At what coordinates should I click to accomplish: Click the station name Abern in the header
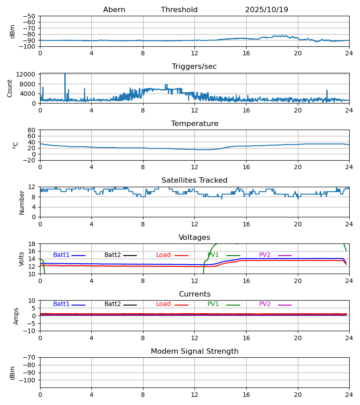point(114,10)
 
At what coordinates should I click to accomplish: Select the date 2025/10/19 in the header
point(266,10)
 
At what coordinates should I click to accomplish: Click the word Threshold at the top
point(179,10)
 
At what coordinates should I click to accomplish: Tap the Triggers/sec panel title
point(194,67)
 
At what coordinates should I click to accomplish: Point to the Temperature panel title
point(194,124)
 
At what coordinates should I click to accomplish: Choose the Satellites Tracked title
point(194,180)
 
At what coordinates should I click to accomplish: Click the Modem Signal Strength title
point(194,351)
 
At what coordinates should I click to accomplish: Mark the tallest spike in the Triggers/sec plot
point(65,74)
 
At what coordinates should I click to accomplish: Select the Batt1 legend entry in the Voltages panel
point(61,255)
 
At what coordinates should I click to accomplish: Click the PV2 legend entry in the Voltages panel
point(265,255)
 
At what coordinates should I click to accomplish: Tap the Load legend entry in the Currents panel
point(163,304)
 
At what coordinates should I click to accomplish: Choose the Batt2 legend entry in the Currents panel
point(112,304)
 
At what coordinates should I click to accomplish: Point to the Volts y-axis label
point(22,259)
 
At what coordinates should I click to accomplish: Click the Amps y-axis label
point(17,316)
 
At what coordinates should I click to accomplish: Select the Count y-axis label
point(10,88)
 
